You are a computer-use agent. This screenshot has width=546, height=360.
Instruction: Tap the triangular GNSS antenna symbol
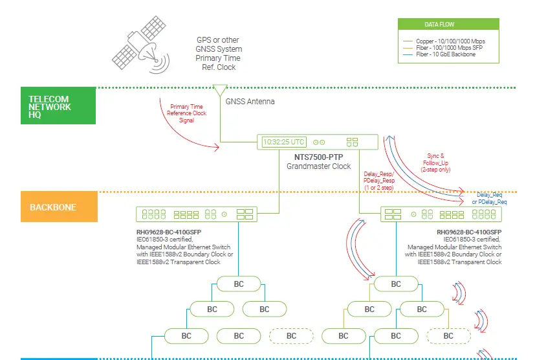[220, 90]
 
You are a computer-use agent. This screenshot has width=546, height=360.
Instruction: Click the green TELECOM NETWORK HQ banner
[58, 106]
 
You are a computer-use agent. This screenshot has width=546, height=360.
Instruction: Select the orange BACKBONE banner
[59, 208]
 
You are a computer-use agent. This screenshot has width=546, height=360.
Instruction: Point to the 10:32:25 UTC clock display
[283, 142]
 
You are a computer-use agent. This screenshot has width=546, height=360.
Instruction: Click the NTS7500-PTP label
[319, 157]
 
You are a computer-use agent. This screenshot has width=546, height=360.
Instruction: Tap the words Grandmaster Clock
[319, 166]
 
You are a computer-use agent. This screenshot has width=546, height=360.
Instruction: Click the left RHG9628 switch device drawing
[197, 214]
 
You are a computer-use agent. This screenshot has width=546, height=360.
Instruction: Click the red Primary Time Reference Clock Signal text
[188, 113]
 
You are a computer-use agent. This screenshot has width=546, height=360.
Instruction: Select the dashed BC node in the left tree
[291, 336]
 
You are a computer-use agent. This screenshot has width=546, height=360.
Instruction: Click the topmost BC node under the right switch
[396, 284]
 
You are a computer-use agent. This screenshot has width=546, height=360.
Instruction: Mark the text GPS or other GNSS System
[219, 44]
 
